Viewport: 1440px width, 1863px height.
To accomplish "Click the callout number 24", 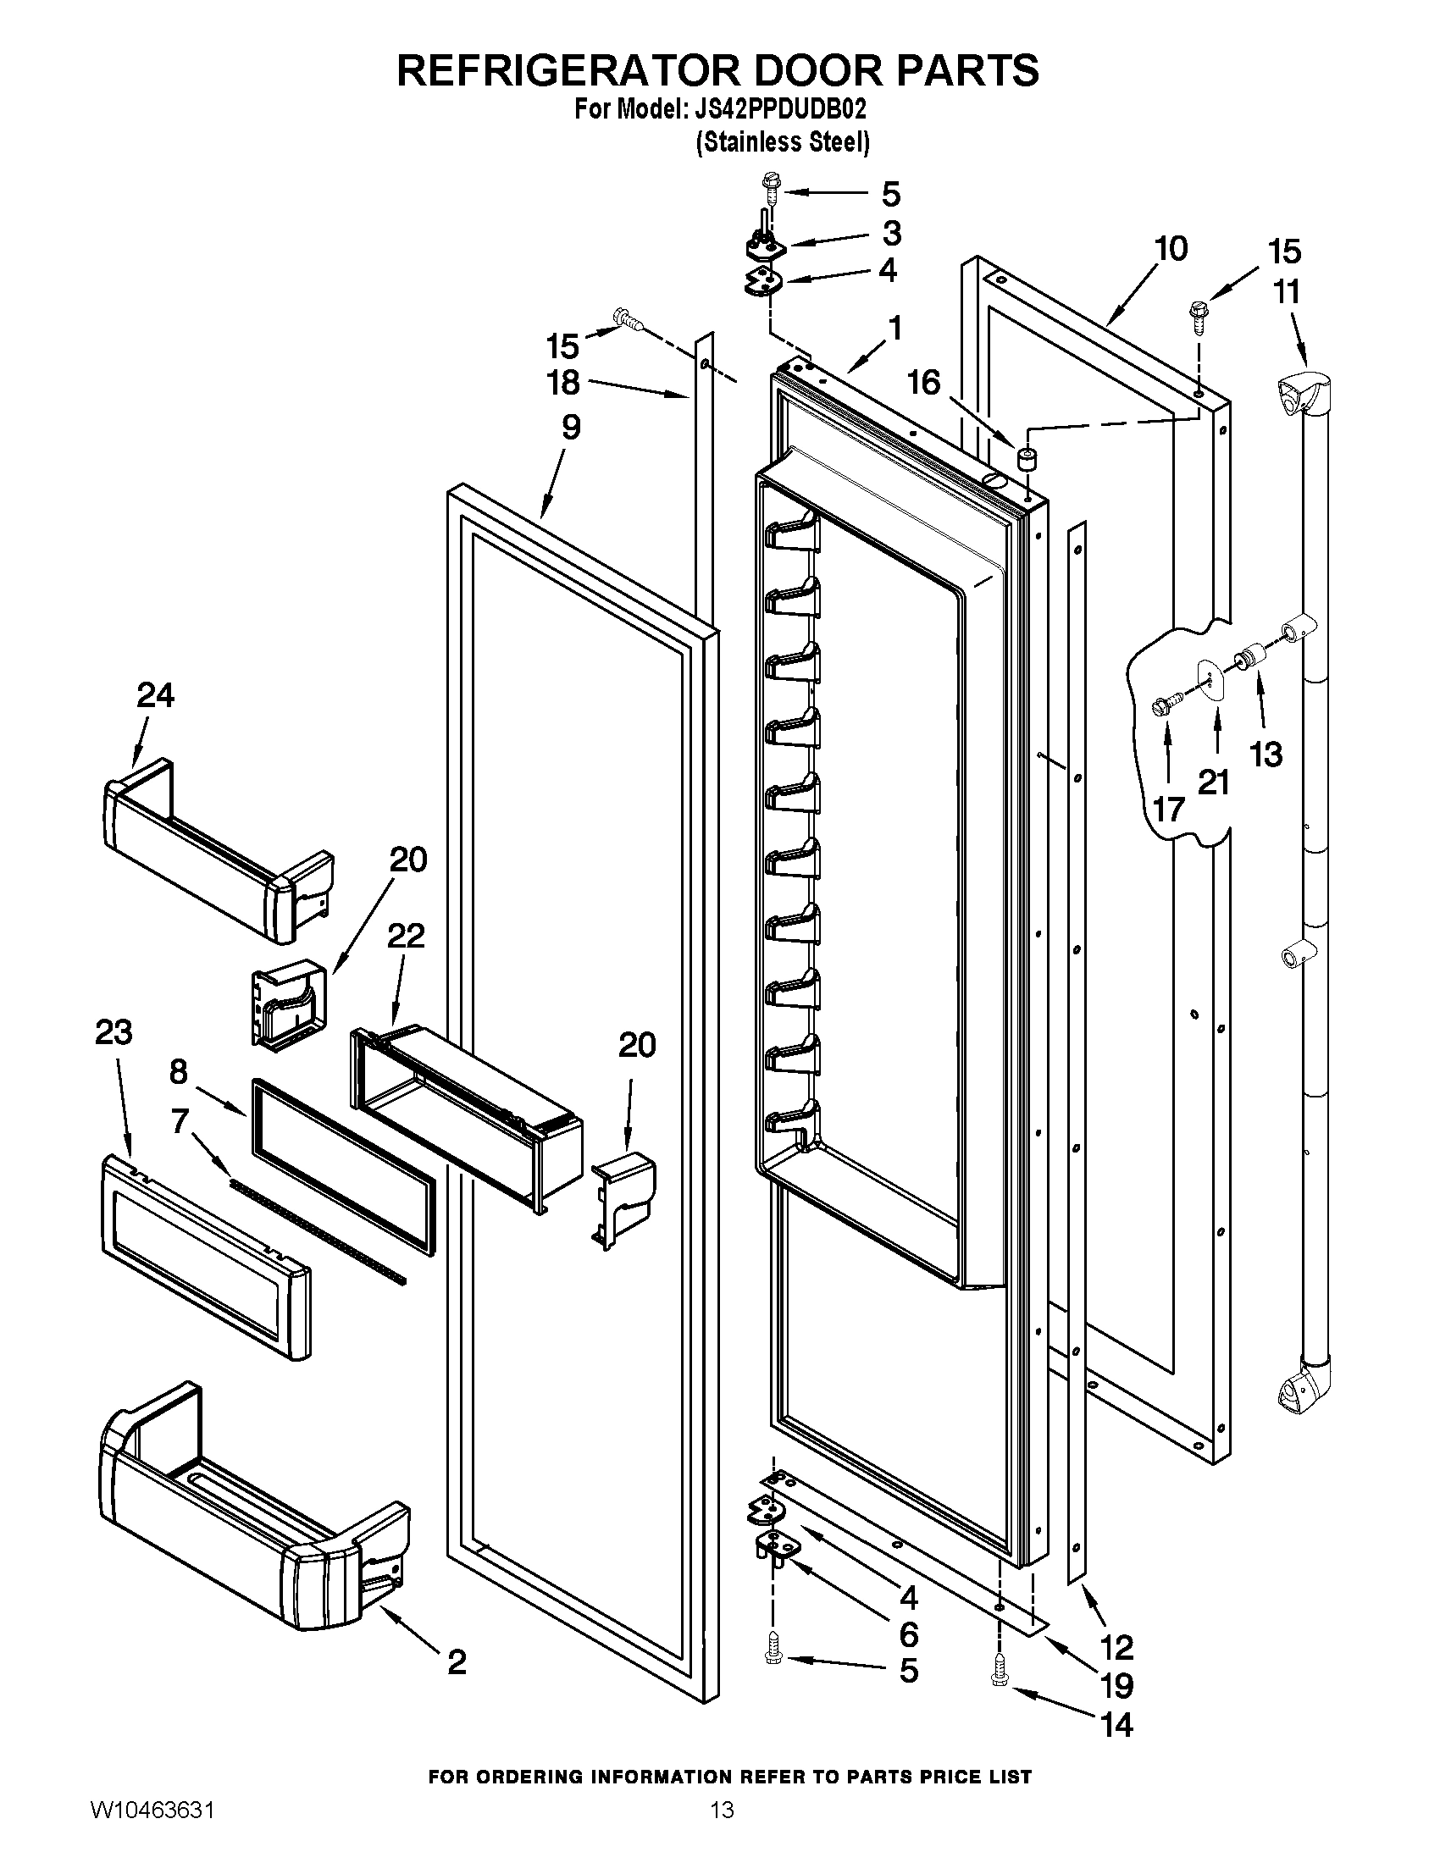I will tap(155, 695).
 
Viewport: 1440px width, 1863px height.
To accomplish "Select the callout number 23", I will tap(114, 1032).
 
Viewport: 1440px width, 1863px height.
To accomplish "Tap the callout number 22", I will tap(405, 936).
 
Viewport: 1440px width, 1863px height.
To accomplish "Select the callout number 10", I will tap(1171, 249).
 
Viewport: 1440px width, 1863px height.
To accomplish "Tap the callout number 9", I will tap(571, 427).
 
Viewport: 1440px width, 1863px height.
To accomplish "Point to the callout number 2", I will tap(457, 1661).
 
